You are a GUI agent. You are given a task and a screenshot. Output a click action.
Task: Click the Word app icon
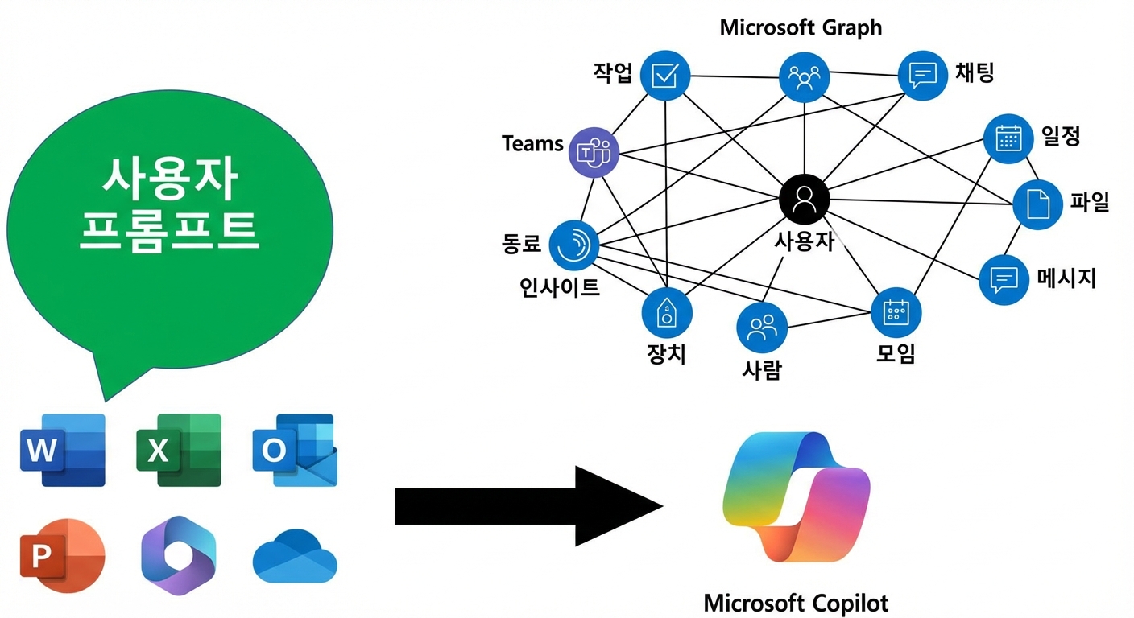63,450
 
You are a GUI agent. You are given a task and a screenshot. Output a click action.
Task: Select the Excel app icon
179,450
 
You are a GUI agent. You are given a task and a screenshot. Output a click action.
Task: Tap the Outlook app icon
295,450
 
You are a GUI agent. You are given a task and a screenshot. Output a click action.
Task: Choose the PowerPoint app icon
63,555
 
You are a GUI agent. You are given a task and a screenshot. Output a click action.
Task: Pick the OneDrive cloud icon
295,556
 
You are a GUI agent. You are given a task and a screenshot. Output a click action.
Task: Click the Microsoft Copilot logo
797,496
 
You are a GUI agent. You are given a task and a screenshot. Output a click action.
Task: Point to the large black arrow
528,506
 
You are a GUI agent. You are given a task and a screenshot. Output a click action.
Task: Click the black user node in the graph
805,200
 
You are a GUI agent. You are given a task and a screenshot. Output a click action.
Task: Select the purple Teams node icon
594,152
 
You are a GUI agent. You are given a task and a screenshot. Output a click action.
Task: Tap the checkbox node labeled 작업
665,76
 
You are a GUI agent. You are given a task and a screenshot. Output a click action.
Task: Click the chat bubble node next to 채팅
923,76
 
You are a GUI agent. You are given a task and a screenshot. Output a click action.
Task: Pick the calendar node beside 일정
1008,138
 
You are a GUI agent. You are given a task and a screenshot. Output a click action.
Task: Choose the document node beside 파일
1038,204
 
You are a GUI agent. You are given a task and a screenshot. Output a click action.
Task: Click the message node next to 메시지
1004,280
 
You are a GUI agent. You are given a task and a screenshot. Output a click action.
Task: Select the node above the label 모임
896,312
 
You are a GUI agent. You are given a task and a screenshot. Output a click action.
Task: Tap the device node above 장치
667,312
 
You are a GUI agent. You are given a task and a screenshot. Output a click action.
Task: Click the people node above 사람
762,328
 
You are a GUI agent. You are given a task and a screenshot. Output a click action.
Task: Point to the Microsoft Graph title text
801,27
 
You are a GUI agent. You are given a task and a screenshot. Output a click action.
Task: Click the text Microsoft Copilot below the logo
796,604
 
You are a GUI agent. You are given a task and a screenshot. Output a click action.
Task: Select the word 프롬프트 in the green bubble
170,232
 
